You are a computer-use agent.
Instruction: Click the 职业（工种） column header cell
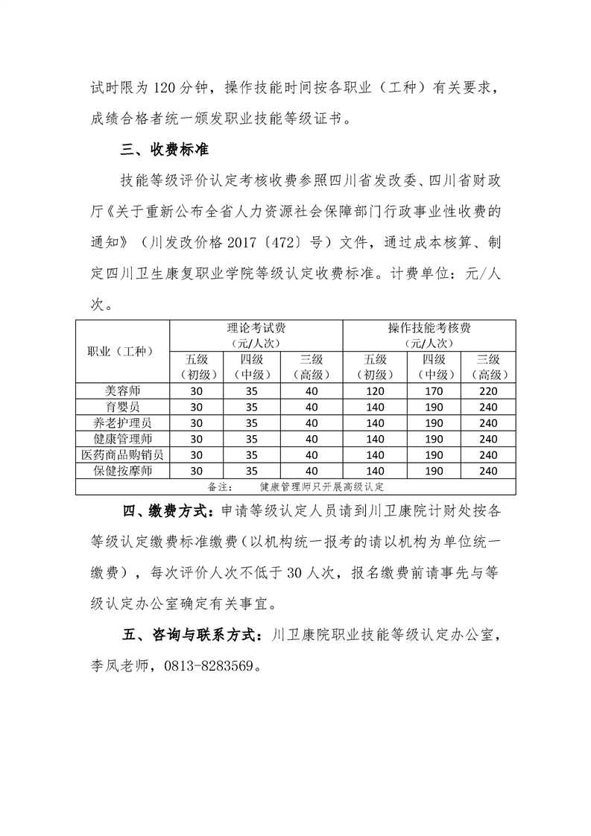123,351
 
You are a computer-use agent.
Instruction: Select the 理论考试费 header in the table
256,328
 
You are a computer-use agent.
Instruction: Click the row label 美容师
123,390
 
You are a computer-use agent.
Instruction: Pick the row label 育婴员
123,406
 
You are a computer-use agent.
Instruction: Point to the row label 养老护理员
123,422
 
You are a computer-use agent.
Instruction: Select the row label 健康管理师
123,437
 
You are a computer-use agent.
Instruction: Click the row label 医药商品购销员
123,454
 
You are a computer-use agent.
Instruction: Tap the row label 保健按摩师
123,470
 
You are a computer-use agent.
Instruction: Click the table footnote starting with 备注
296,487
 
